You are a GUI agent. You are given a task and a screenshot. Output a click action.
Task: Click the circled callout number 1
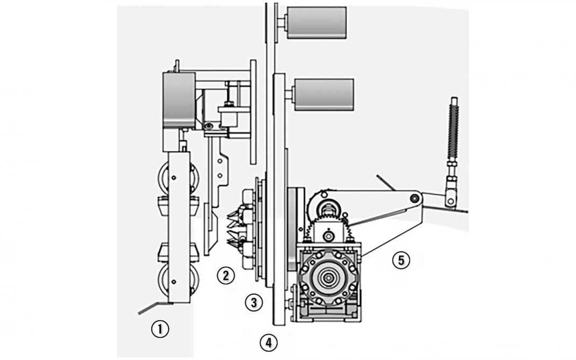[160, 329]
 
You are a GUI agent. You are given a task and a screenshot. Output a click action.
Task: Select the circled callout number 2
[226, 276]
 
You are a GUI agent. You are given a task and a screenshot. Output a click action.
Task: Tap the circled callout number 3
[254, 302]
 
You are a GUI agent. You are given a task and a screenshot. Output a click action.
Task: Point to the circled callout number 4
[269, 342]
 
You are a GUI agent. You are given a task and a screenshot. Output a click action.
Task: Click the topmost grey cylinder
[316, 22]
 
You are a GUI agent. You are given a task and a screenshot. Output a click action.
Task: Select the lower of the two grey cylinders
[324, 94]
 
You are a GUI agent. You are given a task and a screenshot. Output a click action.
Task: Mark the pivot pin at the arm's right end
[415, 199]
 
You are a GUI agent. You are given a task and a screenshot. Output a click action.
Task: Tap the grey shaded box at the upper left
[179, 101]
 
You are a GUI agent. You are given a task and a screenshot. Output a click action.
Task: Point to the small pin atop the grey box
[176, 66]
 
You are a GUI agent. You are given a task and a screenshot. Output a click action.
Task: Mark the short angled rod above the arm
[386, 182]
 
